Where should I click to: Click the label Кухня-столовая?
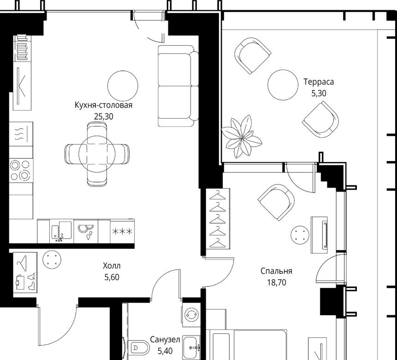click(104, 105)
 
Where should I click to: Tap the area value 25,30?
click(104, 117)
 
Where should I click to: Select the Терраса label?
click(319, 82)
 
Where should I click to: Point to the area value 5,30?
click(319, 93)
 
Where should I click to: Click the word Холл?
click(112, 266)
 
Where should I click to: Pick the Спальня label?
click(277, 271)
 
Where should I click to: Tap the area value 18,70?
click(277, 282)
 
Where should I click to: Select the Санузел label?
click(165, 340)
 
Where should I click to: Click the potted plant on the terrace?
click(242, 137)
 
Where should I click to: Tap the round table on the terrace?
click(283, 84)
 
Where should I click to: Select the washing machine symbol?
click(191, 314)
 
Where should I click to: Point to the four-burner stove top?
click(21, 170)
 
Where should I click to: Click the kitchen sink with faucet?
click(61, 231)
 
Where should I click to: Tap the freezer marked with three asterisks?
click(122, 231)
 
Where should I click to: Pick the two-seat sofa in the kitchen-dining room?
click(178, 86)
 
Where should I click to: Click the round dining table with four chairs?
click(97, 154)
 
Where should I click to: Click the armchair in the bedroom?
click(276, 202)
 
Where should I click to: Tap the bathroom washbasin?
click(192, 346)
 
